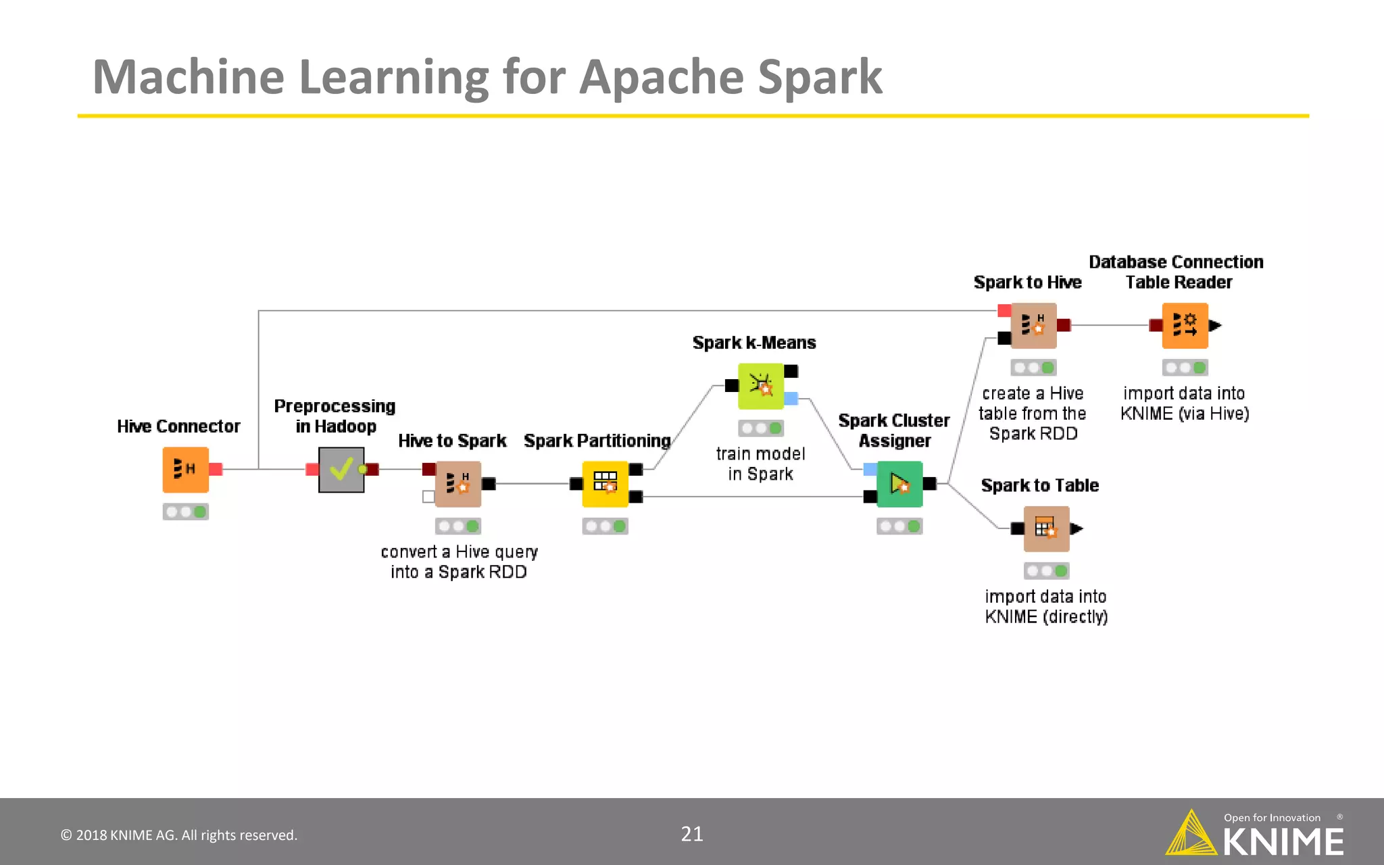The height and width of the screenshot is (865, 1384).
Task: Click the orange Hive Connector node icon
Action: (185, 470)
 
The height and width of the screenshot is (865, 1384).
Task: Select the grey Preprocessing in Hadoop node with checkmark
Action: (341, 470)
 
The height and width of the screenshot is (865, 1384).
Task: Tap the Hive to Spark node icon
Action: (458, 484)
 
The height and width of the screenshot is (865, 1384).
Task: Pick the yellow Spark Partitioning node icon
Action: (605, 484)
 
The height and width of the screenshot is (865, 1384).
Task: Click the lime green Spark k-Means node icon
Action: (761, 386)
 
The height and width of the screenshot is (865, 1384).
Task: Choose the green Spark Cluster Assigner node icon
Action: (899, 484)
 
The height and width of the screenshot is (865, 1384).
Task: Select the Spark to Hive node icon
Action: (1033, 326)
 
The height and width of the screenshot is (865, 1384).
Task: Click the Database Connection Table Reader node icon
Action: (1185, 326)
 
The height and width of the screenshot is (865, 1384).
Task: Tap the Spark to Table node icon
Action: (1046, 529)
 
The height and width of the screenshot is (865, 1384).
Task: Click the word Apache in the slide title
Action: (662, 77)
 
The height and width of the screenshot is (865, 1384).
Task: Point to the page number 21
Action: (691, 834)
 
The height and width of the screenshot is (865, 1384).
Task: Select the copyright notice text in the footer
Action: (179, 835)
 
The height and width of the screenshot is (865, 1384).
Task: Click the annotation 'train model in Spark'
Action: (760, 464)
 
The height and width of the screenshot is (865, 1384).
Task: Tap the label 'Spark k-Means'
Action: (754, 343)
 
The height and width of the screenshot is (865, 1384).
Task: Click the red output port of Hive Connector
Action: (216, 469)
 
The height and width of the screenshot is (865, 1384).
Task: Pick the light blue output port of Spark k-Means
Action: (791, 399)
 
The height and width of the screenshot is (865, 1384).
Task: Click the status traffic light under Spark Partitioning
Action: (605, 526)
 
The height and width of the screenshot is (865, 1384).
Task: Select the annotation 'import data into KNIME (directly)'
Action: (1045, 606)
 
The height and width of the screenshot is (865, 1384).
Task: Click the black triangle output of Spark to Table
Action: (1077, 528)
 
